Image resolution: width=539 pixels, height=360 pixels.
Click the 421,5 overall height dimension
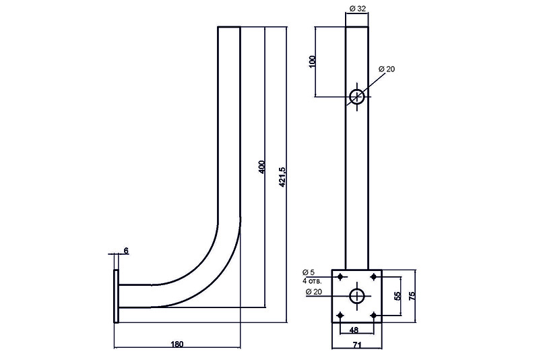(x=282, y=178)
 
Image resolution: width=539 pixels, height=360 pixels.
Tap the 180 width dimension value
(x=177, y=344)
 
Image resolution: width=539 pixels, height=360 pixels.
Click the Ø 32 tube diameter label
(x=357, y=9)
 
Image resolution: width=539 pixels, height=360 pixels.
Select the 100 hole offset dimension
(x=311, y=61)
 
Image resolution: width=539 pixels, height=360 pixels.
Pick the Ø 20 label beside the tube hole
(x=387, y=69)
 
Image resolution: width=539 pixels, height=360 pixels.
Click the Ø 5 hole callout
(x=311, y=273)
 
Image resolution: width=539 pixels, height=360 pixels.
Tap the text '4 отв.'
(x=312, y=280)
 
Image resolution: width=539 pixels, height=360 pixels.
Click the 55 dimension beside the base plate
(x=398, y=295)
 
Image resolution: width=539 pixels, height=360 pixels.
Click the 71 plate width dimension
(x=357, y=344)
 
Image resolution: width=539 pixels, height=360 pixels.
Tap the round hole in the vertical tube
(x=357, y=96)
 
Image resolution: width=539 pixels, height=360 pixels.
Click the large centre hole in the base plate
(x=357, y=295)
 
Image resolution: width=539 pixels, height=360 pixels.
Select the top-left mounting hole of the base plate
(x=340, y=276)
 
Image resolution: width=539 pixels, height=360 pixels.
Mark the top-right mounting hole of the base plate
(x=374, y=276)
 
